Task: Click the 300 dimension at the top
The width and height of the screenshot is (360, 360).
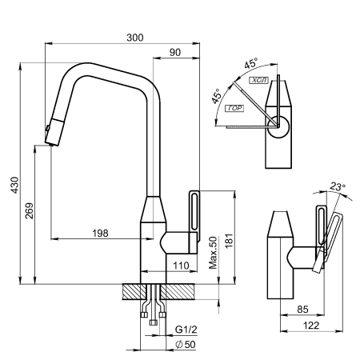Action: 135,37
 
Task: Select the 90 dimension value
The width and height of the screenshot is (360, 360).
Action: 174,52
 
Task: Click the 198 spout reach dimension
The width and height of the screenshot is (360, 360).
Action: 100,233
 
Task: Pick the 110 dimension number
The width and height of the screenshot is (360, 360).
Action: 182,265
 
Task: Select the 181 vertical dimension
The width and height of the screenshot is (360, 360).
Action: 229,238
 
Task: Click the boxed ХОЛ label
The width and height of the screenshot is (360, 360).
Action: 259,81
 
